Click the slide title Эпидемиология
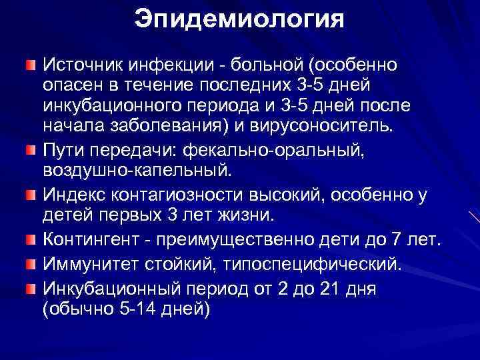[239, 19]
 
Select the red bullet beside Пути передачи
[29, 148]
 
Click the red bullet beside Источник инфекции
[29, 65]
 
